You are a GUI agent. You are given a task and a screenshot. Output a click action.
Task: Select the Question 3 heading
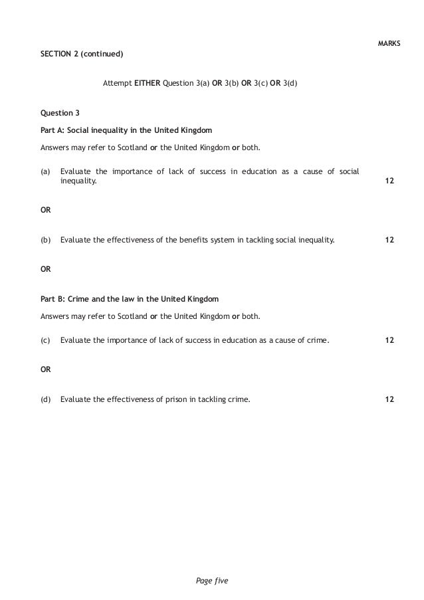(60, 113)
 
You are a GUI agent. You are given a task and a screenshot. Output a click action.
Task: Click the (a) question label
(45, 171)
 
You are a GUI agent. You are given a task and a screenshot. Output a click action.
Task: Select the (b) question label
(45, 240)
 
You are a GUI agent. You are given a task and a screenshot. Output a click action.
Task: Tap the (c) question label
(45, 340)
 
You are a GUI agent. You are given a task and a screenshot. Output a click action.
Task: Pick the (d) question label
(45, 399)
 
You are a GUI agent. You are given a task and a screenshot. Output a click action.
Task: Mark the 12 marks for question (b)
(389, 240)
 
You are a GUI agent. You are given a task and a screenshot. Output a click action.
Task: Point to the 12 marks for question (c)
(389, 340)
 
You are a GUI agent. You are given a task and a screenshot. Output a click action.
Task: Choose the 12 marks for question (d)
(389, 399)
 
